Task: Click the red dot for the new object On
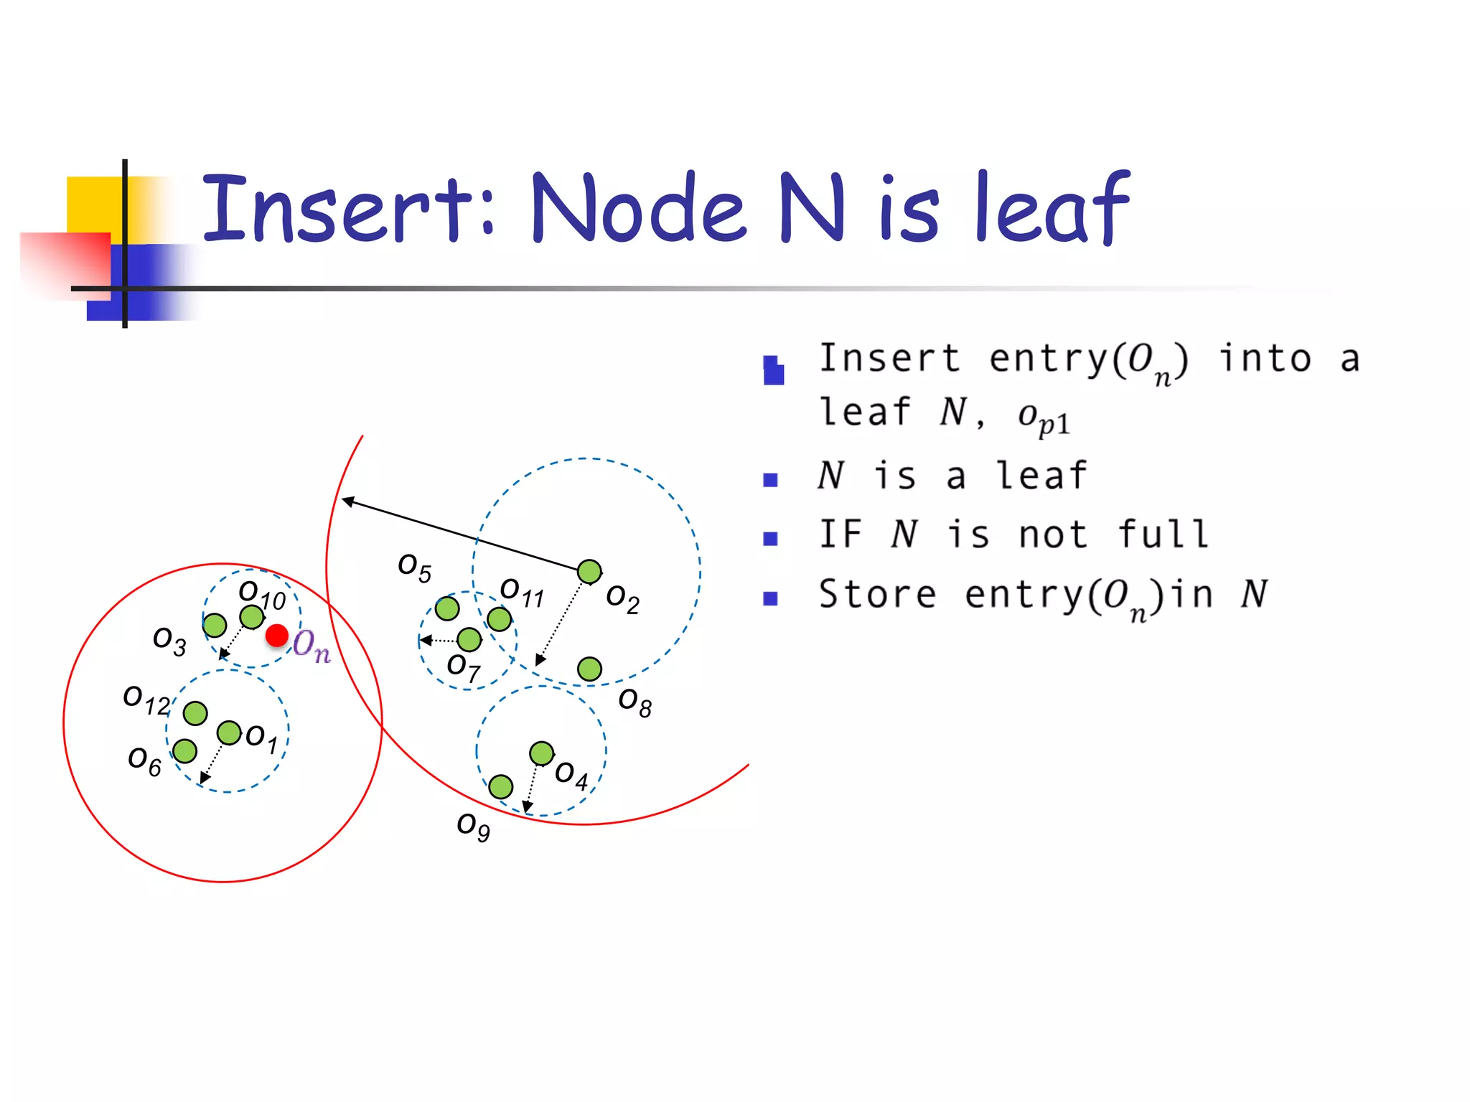click(277, 635)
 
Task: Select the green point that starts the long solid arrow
click(589, 572)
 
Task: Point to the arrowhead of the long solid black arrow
click(347, 500)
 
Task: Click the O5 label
click(415, 568)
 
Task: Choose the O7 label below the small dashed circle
click(463, 668)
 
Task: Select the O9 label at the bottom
click(474, 826)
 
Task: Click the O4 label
click(571, 776)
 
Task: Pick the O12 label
click(146, 700)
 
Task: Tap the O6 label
click(144, 761)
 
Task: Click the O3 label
click(169, 641)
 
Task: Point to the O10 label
click(262, 595)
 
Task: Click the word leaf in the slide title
click(1052, 208)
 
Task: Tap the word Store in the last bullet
click(877, 595)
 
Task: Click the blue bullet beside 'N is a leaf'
click(770, 480)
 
